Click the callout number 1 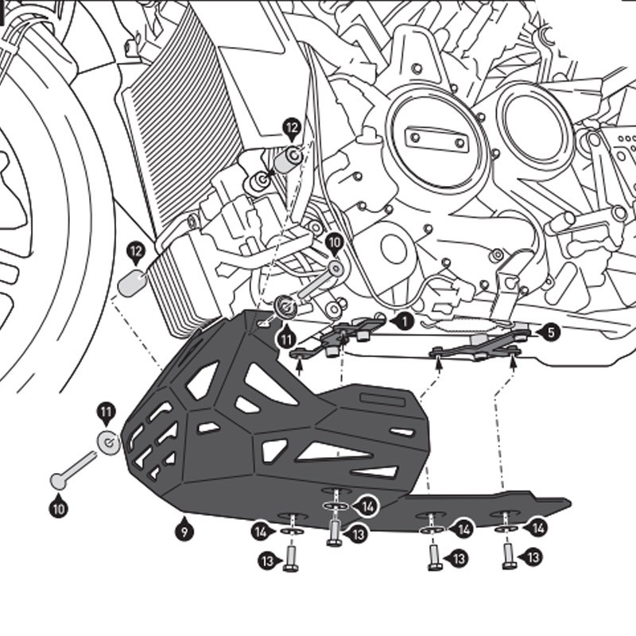404,321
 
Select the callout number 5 549,332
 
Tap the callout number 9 184,528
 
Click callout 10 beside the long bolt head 58,506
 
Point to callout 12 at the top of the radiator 292,126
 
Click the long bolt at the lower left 76,467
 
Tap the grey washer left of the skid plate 109,442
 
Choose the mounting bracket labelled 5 477,346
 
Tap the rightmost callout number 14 538,526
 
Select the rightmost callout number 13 533,557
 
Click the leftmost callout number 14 260,532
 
